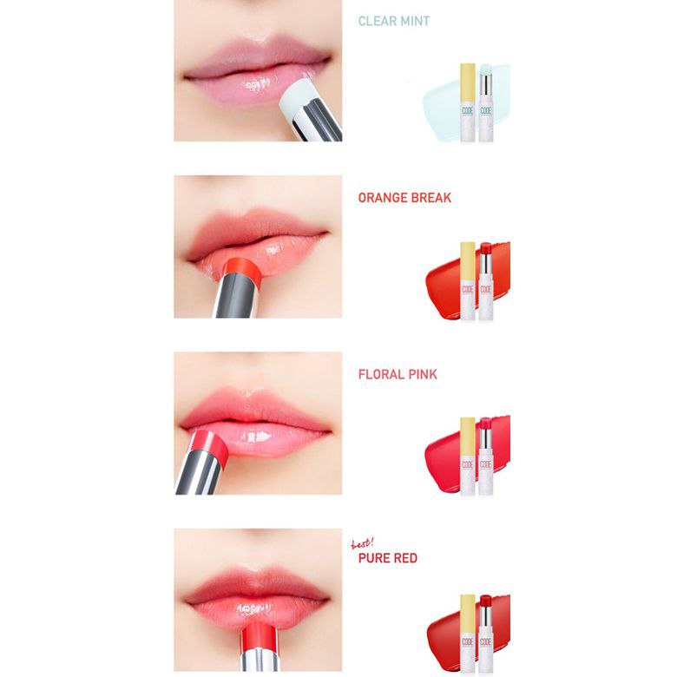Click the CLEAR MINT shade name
[x=394, y=21]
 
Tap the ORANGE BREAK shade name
[x=404, y=198]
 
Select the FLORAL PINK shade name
[x=398, y=374]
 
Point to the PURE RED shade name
[x=388, y=558]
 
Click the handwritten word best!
[x=362, y=543]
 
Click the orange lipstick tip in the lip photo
[x=243, y=269]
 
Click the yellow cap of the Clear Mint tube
[x=468, y=83]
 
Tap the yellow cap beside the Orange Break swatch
[x=468, y=261]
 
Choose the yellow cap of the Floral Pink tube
[x=468, y=437]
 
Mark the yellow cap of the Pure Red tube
[x=468, y=614]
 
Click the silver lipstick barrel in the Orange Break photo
[x=237, y=298]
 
